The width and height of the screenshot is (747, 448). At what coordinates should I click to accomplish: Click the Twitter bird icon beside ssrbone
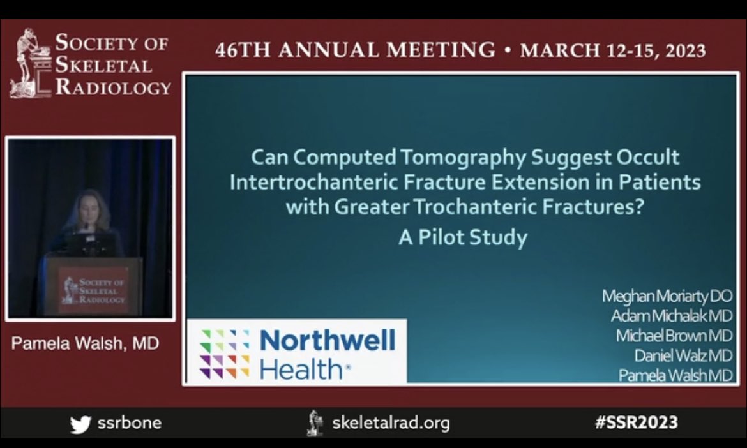tap(80, 423)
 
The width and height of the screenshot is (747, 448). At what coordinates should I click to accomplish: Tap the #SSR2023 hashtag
tap(636, 422)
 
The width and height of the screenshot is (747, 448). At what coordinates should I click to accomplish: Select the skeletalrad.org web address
tap(391, 422)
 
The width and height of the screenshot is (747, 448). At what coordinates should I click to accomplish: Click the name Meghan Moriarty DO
tap(667, 296)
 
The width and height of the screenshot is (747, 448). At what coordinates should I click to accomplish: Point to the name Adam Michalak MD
tap(671, 316)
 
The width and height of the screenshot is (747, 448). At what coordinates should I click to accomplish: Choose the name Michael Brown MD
tap(674, 336)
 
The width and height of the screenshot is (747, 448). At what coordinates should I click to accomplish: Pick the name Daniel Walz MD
tap(683, 355)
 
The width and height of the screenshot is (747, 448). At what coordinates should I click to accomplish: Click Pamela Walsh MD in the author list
tap(675, 375)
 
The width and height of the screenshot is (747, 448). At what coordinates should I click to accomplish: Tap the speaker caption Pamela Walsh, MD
tap(85, 344)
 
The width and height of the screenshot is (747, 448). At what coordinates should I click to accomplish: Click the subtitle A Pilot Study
tap(463, 237)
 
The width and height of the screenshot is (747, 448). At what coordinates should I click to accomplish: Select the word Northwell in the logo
tap(328, 340)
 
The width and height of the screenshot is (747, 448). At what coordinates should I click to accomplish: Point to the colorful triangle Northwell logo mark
tap(225, 354)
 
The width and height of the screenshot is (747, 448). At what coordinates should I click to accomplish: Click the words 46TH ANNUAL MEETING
tap(355, 51)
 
